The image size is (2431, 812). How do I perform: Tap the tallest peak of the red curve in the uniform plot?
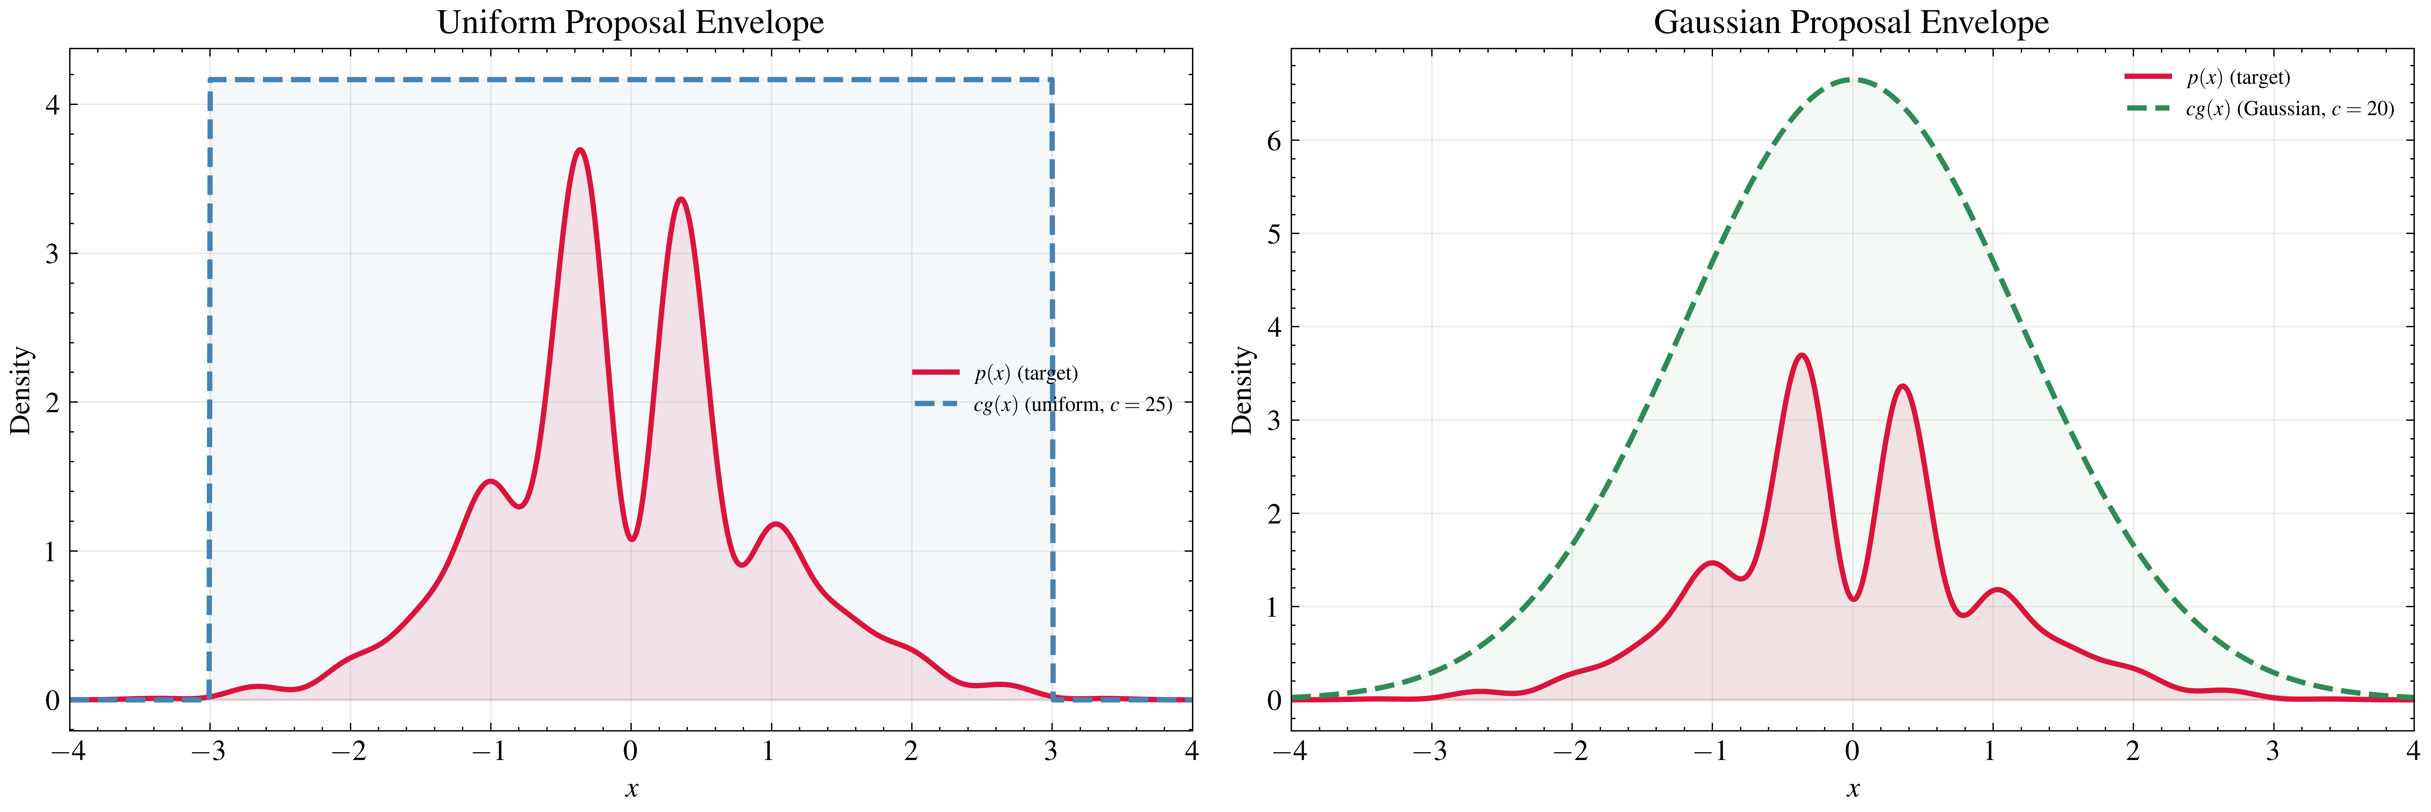pos(580,150)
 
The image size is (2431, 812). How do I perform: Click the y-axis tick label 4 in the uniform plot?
pos(52,105)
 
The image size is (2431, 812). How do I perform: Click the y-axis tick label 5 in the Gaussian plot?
pos(1274,234)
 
